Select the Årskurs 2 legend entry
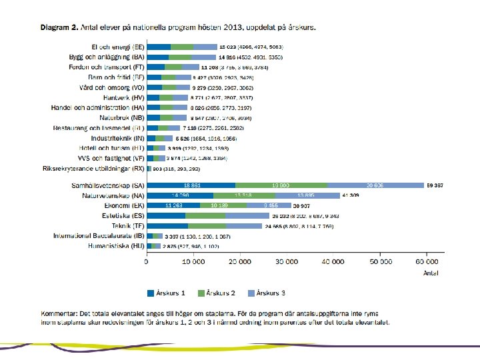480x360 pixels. coord(219,293)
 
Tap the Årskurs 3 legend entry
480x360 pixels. coord(270,293)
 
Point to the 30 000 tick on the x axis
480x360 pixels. coord(287,262)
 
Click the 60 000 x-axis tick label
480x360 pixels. coord(427,262)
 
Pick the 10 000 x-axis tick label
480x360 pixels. coord(193,262)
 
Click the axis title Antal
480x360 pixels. coord(432,272)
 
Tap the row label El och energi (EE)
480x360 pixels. coord(117,47)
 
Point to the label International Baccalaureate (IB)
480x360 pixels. coord(99,236)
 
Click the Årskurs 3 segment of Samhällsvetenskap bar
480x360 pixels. coord(375,185)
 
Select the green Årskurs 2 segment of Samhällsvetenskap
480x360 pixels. coord(281,185)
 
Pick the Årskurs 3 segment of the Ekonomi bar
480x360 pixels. coord(270,205)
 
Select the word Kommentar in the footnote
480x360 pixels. coord(62,313)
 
